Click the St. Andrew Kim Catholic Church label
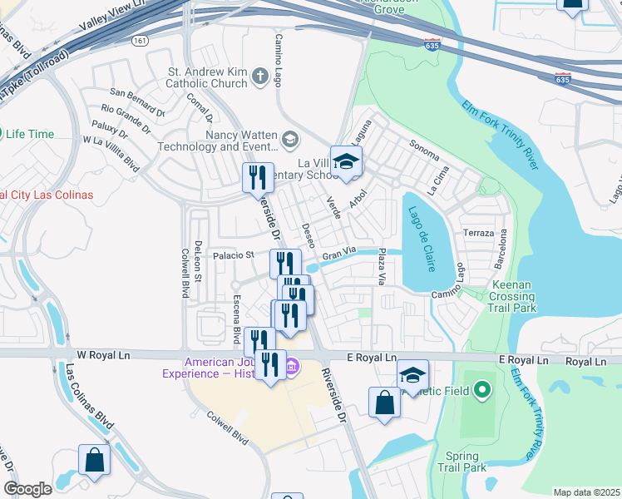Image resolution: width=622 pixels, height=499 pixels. click(x=197, y=77)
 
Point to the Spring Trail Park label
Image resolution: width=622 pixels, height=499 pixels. click(x=462, y=462)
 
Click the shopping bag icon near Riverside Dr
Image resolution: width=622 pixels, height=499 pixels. click(x=385, y=403)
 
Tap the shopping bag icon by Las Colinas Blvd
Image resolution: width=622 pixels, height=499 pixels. click(x=94, y=459)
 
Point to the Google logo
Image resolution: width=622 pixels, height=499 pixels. click(x=27, y=489)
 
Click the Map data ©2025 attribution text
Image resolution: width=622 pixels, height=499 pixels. click(x=586, y=492)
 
